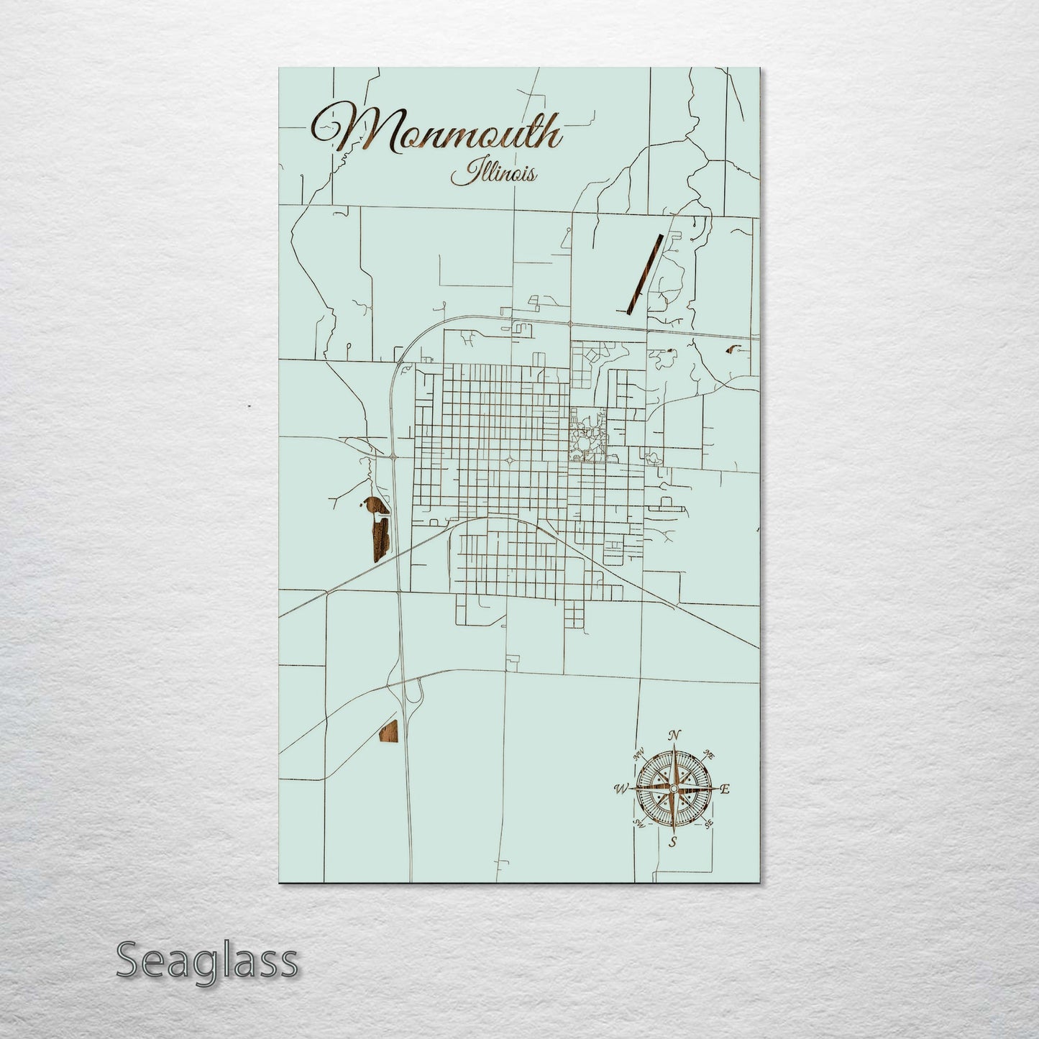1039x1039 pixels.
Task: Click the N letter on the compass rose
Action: (674, 735)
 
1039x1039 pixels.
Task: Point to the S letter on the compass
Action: (672, 842)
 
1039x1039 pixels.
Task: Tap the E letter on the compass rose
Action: (726, 789)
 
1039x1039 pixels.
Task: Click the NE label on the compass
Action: (708, 755)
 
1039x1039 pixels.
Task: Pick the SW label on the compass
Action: (638, 823)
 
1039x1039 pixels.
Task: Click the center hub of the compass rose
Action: (673, 789)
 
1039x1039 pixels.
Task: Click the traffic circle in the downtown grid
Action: (509, 460)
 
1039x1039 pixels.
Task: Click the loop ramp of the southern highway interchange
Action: (413, 692)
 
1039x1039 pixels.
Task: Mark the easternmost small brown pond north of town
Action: (734, 349)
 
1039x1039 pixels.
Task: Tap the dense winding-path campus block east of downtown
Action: (586, 435)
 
